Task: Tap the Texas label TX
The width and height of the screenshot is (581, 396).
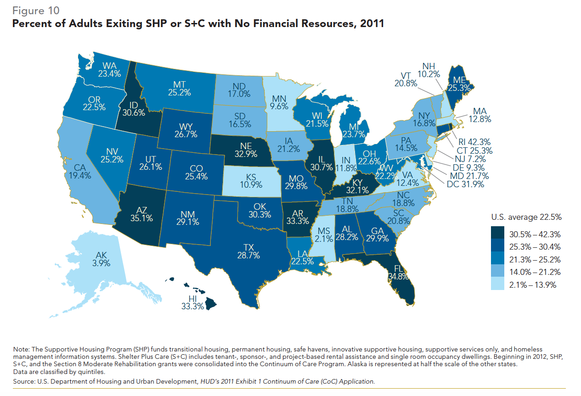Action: [x=248, y=247]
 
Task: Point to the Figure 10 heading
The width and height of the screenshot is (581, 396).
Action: [x=36, y=10]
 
